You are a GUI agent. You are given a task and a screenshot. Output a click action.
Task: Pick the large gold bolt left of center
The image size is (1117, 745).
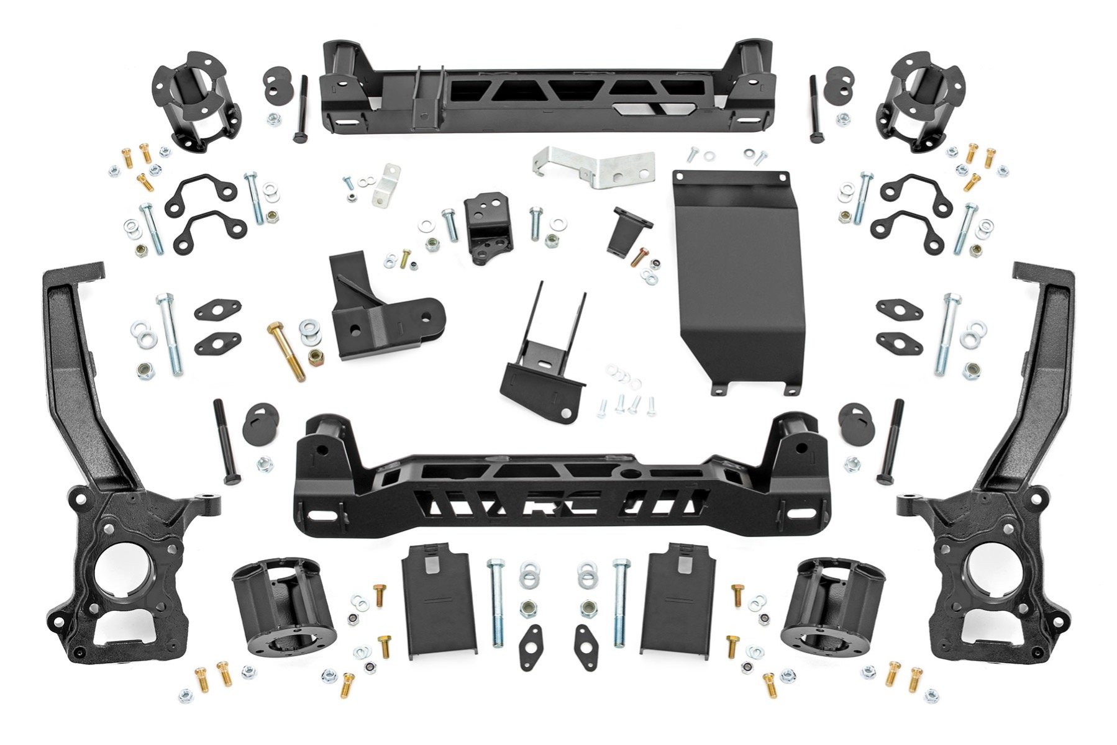tap(287, 351)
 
